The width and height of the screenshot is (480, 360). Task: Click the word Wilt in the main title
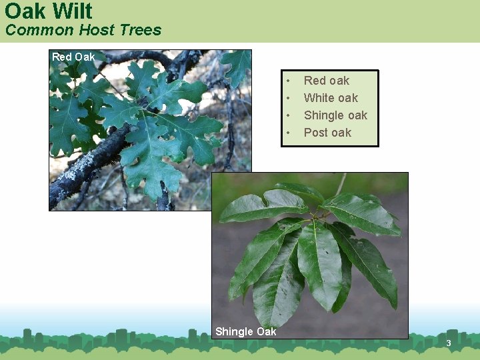(x=73, y=11)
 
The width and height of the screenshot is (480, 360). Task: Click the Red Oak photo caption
(x=73, y=57)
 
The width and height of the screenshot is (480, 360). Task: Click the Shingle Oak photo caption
(x=245, y=331)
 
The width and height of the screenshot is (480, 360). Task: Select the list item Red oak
(x=327, y=81)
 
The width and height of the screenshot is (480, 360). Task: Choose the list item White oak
(x=331, y=98)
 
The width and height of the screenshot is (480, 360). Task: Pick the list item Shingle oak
(x=335, y=115)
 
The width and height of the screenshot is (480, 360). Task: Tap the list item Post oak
(x=327, y=133)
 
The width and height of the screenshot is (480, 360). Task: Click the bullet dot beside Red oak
(x=288, y=81)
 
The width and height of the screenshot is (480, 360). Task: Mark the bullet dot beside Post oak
(x=288, y=133)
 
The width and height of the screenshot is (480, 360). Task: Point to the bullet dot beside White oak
(x=288, y=99)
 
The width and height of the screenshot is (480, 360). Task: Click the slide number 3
(x=449, y=343)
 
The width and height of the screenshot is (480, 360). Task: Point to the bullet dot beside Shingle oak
(x=288, y=116)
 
